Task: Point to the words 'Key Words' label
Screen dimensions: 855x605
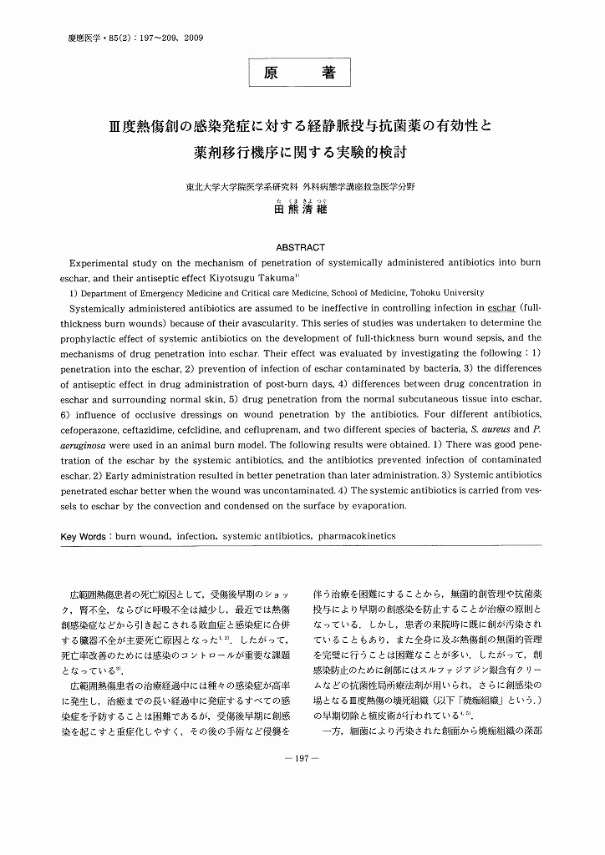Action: point(85,536)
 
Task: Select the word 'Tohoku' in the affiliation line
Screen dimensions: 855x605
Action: point(437,293)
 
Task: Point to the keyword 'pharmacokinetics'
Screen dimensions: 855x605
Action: point(354,536)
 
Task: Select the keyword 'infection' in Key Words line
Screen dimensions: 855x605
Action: point(201,536)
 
